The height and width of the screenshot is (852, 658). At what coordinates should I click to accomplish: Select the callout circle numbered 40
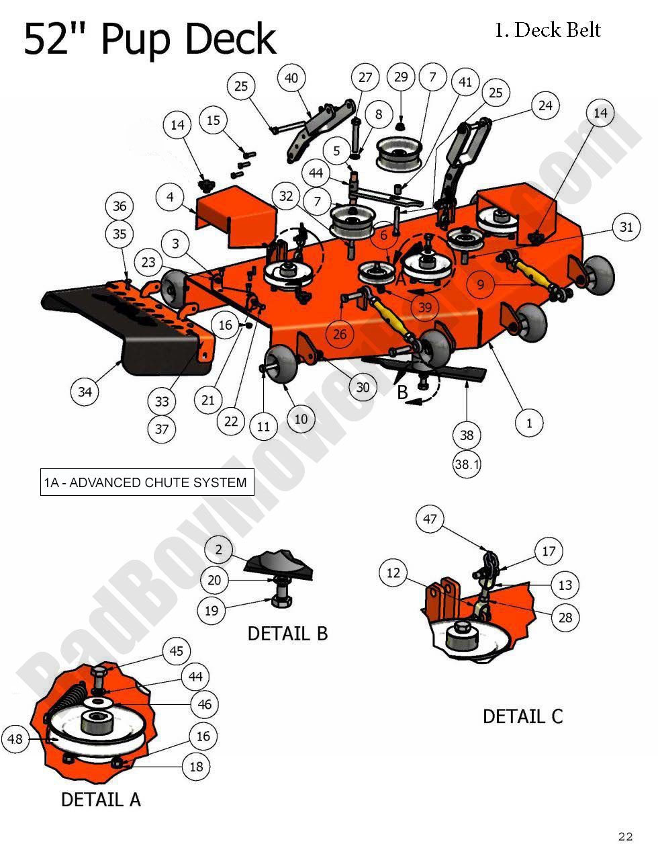click(x=291, y=78)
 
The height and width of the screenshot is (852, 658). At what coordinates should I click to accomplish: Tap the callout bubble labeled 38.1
click(x=467, y=464)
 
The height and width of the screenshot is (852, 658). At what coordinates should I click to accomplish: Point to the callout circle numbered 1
click(x=529, y=423)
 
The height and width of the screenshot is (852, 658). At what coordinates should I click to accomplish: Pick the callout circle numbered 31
click(x=626, y=228)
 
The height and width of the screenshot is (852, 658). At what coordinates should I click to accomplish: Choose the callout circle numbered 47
click(x=430, y=519)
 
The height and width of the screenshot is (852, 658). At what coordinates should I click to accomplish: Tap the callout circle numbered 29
click(x=401, y=77)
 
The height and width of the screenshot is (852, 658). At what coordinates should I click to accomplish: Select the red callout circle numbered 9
click(x=481, y=284)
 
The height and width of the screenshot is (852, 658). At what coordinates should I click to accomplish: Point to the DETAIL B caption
click(x=287, y=634)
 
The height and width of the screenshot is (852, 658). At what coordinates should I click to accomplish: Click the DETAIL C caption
click(x=522, y=716)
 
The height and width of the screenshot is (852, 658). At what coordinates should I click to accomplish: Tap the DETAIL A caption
click(x=101, y=800)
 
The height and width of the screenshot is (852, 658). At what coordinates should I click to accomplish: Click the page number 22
click(x=624, y=837)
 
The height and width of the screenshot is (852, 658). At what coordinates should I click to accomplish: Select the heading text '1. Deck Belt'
click(x=547, y=30)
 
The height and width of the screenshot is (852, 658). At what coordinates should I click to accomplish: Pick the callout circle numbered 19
click(x=211, y=611)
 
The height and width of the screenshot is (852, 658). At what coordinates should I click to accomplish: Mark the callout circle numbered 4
click(x=171, y=198)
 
